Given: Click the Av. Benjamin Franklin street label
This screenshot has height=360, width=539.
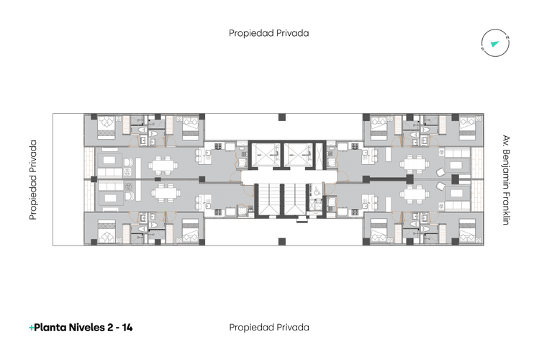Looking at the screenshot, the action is coord(506,180).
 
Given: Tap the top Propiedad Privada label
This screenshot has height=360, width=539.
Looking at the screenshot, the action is coord(269,33).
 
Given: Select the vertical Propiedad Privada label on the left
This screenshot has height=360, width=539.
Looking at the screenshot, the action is coord(33,180).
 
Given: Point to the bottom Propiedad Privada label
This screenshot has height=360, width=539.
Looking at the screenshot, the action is coord(269,328).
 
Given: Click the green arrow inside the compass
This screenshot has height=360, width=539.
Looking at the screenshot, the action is coord(494,44).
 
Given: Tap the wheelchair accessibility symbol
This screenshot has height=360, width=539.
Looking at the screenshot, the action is coord(317,191).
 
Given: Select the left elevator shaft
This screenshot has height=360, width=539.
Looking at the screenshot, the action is coord(265,154).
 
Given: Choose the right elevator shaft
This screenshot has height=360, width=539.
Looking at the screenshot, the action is coord(298,154).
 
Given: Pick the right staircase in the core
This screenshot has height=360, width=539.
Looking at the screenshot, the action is coord(294,199).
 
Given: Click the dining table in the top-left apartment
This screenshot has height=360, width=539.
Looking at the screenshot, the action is coord(163,165).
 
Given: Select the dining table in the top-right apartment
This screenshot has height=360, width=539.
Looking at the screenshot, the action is coord(415,164).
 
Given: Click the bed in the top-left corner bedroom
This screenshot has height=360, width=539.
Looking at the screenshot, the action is coord(107,127).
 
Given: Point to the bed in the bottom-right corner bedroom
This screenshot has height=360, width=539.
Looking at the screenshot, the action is coord(467,231).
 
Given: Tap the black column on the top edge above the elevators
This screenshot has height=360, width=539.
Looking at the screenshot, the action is coord(282,117).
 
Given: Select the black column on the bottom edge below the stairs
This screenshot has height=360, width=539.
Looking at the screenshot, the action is coord(282,241).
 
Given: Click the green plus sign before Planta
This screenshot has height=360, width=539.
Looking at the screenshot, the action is coord(31,328).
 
